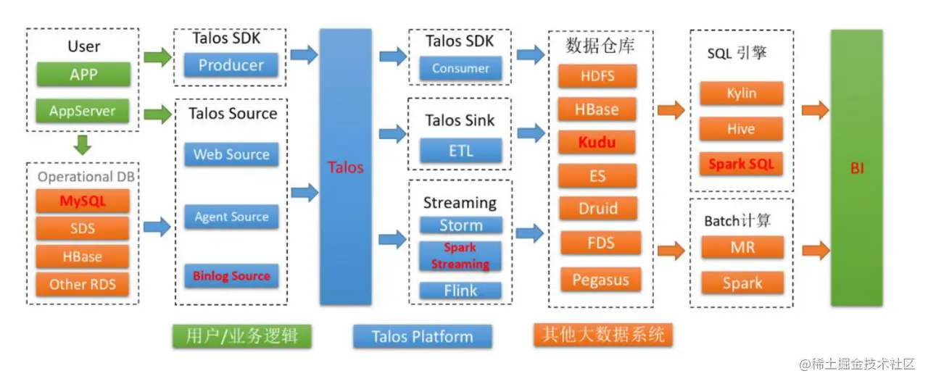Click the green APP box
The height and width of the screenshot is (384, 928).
pyautogui.click(x=83, y=75)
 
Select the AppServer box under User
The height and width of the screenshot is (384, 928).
pyautogui.click(x=83, y=112)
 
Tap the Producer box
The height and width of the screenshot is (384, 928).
pyautogui.click(x=231, y=65)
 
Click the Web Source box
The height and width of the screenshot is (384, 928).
pyautogui.click(x=231, y=154)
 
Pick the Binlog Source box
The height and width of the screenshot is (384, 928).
pyautogui.click(x=231, y=276)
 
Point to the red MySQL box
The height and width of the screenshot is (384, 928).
pyautogui.click(x=83, y=201)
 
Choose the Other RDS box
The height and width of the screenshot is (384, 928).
pyautogui.click(x=83, y=284)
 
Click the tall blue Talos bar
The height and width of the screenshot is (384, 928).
pyautogui.click(x=345, y=167)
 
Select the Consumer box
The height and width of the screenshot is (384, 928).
pyautogui.click(x=460, y=69)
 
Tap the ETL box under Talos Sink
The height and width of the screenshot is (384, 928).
pyautogui.click(x=460, y=151)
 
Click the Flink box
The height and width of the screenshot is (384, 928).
pyautogui.click(x=460, y=291)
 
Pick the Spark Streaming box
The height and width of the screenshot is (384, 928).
pyautogui.click(x=460, y=256)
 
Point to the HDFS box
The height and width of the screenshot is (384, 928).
pyautogui.click(x=597, y=76)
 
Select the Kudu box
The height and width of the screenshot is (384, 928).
pyautogui.click(x=597, y=143)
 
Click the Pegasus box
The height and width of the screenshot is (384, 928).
pyautogui.click(x=601, y=280)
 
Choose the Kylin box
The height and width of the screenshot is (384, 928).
pyautogui.click(x=741, y=93)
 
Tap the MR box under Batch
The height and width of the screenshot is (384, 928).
pyautogui.click(x=742, y=248)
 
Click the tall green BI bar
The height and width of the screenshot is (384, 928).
pyautogui.click(x=856, y=167)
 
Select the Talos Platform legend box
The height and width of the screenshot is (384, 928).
pyautogui.click(x=422, y=336)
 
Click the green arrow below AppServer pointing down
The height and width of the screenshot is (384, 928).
pyautogui.click(x=83, y=146)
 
